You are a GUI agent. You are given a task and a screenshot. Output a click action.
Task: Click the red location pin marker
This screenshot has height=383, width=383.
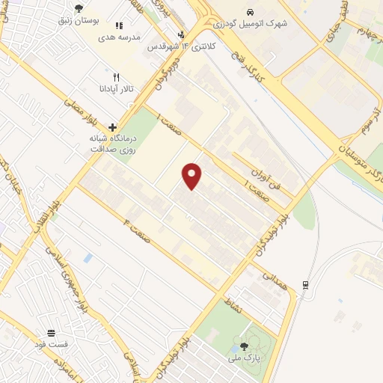[192, 177]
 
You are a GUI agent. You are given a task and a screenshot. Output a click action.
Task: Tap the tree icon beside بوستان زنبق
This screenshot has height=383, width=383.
[79, 8]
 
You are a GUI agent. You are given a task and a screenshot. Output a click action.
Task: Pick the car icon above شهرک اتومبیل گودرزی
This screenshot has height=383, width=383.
[250, 13]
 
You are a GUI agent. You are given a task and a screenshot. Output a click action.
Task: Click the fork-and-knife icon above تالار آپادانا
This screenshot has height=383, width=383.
[115, 77]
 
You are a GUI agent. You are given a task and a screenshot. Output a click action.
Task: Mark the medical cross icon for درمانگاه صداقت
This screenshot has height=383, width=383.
[112, 127]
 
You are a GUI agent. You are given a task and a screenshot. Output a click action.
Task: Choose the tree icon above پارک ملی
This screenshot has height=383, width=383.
[244, 346]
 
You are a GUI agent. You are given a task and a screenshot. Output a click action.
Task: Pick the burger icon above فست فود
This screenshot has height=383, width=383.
[52, 333]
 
